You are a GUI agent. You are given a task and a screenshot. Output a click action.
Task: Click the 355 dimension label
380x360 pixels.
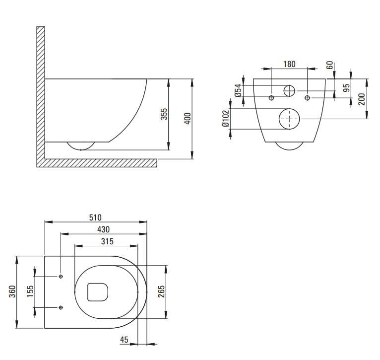164,114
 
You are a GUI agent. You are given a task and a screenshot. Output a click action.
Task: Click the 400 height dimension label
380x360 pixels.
188,118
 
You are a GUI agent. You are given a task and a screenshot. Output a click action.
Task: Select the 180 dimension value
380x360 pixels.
289,64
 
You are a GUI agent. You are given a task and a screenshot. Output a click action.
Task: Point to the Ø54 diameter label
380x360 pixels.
238,90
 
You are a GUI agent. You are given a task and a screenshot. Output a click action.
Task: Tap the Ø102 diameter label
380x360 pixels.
226,118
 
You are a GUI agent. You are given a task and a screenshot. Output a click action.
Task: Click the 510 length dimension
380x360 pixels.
95,217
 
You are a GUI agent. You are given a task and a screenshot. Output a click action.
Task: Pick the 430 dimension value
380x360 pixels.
104,229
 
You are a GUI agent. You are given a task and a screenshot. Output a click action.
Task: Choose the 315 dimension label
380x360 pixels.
107,241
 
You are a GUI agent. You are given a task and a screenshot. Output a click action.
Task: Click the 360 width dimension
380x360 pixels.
12,291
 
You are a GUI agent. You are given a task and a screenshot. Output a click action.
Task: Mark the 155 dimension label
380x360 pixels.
30,291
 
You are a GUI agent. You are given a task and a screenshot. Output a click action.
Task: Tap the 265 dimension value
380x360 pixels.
161,291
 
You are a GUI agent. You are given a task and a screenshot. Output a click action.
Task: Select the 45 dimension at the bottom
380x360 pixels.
124,340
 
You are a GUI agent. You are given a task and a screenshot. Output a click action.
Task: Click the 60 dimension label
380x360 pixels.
330,65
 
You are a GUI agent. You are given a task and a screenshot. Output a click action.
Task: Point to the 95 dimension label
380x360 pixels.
347,88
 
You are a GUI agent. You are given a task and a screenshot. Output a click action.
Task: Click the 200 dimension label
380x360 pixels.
362,99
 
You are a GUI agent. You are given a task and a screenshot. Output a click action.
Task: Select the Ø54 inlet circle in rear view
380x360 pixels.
289,85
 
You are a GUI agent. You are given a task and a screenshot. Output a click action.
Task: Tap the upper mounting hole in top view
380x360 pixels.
61,277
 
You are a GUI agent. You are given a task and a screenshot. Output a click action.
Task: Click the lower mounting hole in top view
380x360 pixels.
61,307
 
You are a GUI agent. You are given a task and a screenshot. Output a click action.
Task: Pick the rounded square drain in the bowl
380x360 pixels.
87,292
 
